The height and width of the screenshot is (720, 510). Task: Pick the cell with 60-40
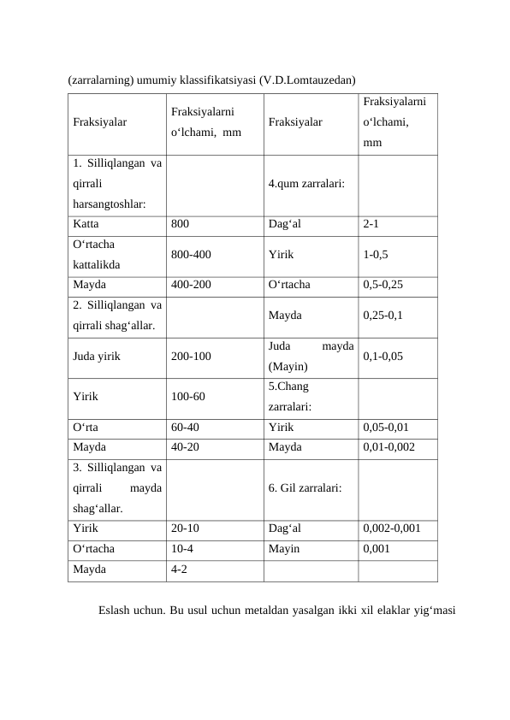click(x=186, y=426)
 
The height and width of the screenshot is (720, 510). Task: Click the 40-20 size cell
click(x=186, y=446)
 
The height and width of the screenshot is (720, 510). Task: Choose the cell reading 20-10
click(x=186, y=528)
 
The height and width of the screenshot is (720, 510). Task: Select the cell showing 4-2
click(x=180, y=569)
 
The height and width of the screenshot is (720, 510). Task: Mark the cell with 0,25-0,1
click(x=383, y=315)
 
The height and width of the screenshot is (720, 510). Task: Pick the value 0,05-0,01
click(x=386, y=426)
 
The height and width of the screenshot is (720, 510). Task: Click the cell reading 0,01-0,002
click(x=388, y=446)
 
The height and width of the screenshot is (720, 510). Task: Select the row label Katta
click(x=86, y=224)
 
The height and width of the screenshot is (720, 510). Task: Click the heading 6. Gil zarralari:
click(x=305, y=487)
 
